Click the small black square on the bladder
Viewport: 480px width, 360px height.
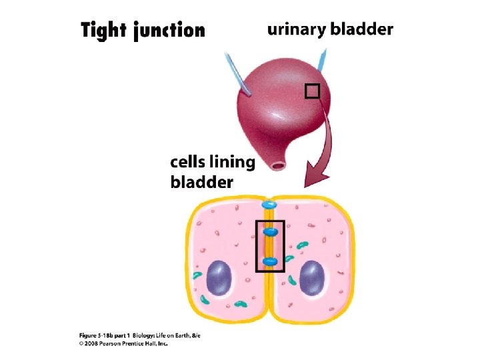pyautogui.click(x=313, y=91)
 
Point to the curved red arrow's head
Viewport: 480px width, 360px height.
pyautogui.click(x=312, y=179)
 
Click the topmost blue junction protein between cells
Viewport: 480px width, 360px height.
pyautogui.click(x=270, y=205)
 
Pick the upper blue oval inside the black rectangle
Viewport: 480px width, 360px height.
pyautogui.click(x=270, y=231)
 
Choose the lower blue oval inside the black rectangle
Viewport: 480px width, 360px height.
pyautogui.click(x=270, y=262)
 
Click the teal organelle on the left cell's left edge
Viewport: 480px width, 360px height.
pyautogui.click(x=197, y=275)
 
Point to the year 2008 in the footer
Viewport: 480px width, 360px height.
pyautogui.click(x=91, y=344)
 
